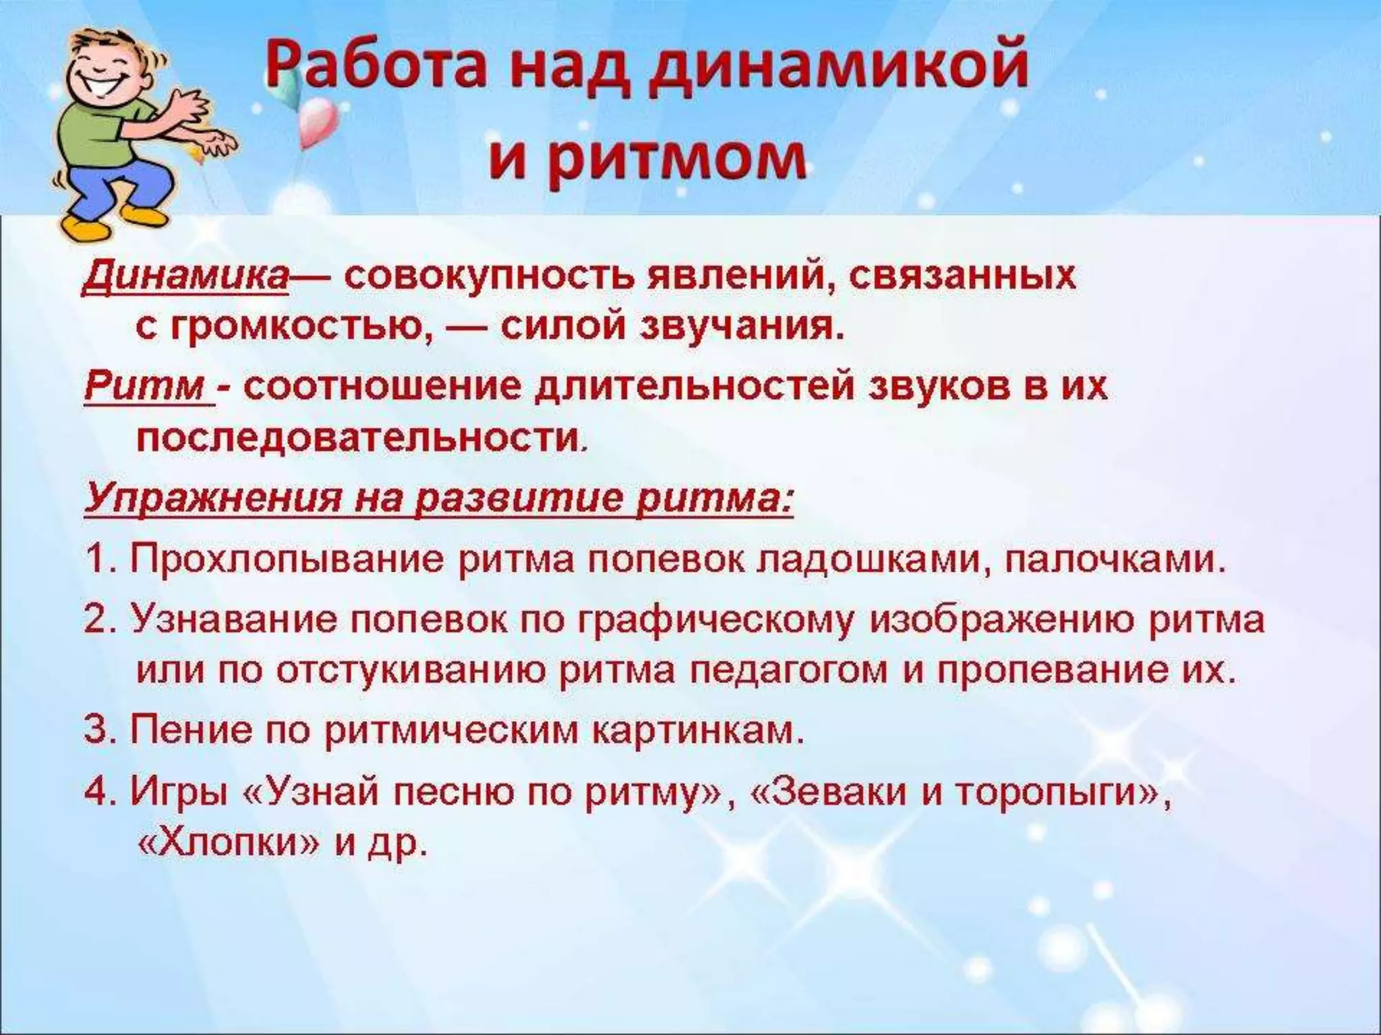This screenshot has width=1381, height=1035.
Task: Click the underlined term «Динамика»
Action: [x=185, y=277]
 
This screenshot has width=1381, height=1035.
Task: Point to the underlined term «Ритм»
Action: [x=146, y=388]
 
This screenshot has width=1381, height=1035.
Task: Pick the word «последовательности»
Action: [x=357, y=440]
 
